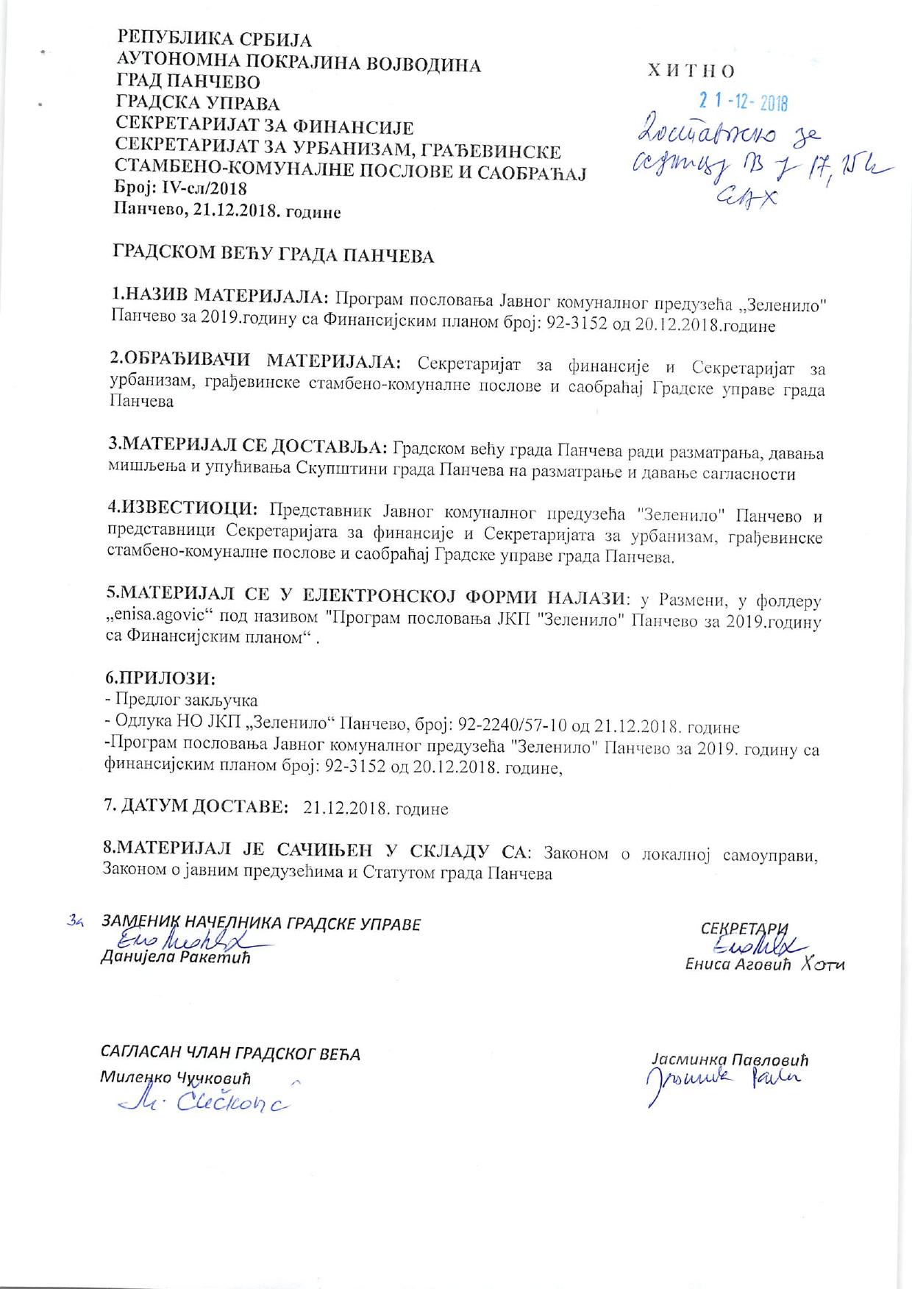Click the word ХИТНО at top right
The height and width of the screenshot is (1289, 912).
[x=691, y=71]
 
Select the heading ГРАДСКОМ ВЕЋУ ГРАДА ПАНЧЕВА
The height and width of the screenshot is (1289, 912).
[x=273, y=256]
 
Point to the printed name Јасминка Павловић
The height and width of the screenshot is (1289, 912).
[x=729, y=1060]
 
